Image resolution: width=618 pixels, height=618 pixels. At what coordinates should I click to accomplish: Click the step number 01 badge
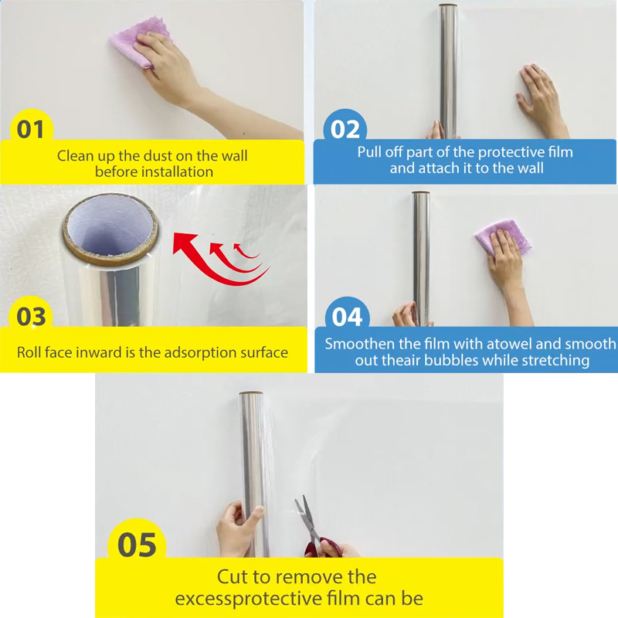[31, 129]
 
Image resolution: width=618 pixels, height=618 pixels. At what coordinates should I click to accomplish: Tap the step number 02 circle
[345, 129]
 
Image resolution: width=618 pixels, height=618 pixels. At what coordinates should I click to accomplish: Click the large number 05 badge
[137, 544]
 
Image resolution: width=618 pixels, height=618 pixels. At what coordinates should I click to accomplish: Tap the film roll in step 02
[449, 70]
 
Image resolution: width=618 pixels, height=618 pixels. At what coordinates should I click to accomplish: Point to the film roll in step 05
[255, 471]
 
